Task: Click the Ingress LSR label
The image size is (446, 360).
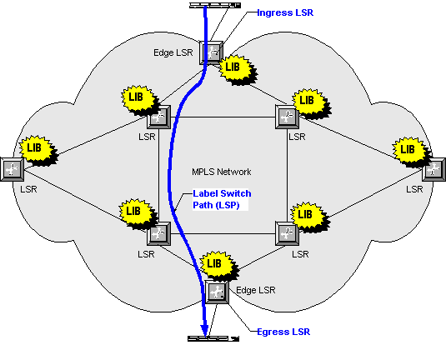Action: pos(285,12)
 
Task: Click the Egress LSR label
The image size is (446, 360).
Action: pos(283,332)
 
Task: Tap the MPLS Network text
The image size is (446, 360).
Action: pos(222,172)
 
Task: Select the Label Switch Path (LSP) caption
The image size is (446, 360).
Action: pos(222,199)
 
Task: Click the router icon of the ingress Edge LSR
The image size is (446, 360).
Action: pos(211,52)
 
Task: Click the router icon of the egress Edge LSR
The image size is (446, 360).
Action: pos(217,292)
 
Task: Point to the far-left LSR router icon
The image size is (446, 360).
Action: pos(12,169)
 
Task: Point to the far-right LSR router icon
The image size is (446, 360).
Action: pos(433,169)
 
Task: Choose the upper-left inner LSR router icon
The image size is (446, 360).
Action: pos(158,117)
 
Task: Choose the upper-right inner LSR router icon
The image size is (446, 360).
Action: pos(288,117)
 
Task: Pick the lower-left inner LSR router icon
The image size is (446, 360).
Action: pos(158,233)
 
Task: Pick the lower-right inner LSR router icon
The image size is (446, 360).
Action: pos(288,233)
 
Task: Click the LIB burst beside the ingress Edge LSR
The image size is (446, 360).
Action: pos(238,69)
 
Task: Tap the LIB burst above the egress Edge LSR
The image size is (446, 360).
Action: pos(218,265)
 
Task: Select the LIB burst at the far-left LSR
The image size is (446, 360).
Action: pos(38,150)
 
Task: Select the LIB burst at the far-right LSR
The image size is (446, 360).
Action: pos(411,152)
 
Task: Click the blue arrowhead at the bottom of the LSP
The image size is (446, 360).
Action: pos(204,332)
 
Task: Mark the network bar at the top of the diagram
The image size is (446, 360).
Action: pos(215,5)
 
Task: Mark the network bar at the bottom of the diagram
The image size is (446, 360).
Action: pos(213,338)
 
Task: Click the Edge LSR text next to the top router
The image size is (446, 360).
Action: pos(173,52)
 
